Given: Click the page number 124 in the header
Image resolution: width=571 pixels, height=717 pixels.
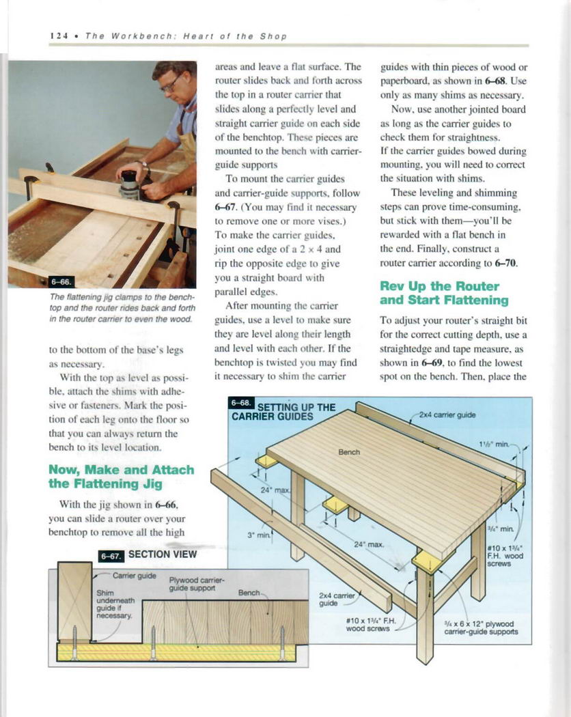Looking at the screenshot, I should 57,36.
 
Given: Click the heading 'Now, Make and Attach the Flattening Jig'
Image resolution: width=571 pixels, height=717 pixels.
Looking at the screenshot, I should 121,477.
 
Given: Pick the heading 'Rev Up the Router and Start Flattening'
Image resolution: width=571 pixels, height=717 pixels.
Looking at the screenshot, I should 444,293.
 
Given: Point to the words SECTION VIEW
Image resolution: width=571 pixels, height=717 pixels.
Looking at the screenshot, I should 163,554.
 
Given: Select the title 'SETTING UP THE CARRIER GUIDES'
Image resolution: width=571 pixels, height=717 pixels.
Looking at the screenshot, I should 283,412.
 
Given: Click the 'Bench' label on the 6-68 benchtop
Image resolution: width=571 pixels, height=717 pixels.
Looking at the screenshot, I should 349,452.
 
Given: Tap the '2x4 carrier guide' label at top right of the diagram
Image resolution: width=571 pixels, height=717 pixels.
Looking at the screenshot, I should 447,414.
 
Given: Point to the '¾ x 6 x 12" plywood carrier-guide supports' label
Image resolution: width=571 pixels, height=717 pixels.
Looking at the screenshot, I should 481,628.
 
